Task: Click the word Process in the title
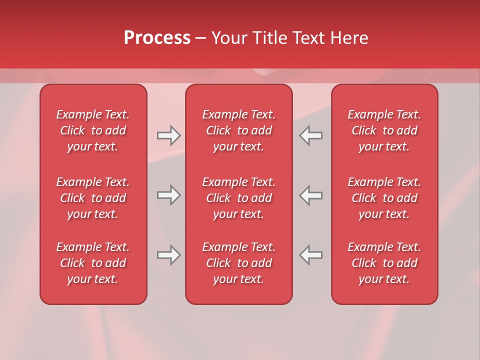157,38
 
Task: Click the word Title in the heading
270,38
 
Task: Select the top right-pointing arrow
169,135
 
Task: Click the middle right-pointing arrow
169,195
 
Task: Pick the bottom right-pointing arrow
169,255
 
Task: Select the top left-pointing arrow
310,135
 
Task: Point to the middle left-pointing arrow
310,195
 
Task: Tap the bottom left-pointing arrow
310,255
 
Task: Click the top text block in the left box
93,130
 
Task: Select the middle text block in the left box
93,198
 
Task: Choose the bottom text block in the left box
93,263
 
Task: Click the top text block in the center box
239,130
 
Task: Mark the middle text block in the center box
239,198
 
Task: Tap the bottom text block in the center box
239,263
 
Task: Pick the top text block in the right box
384,130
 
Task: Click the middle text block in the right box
384,198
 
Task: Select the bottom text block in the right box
384,263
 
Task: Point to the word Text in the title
308,38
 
